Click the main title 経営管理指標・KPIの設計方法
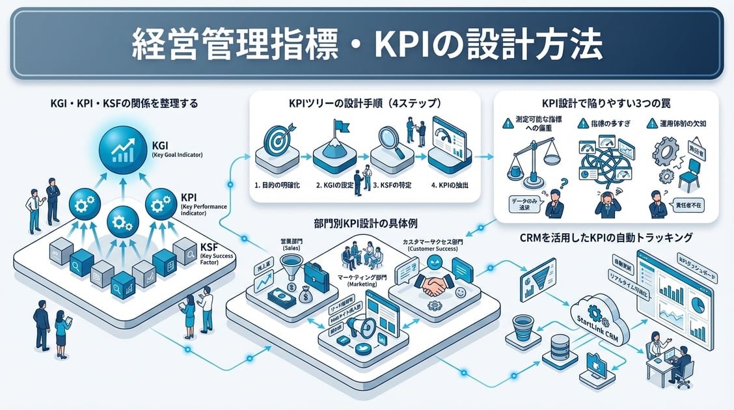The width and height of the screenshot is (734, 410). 367,44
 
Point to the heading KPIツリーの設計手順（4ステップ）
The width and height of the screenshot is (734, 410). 364,103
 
